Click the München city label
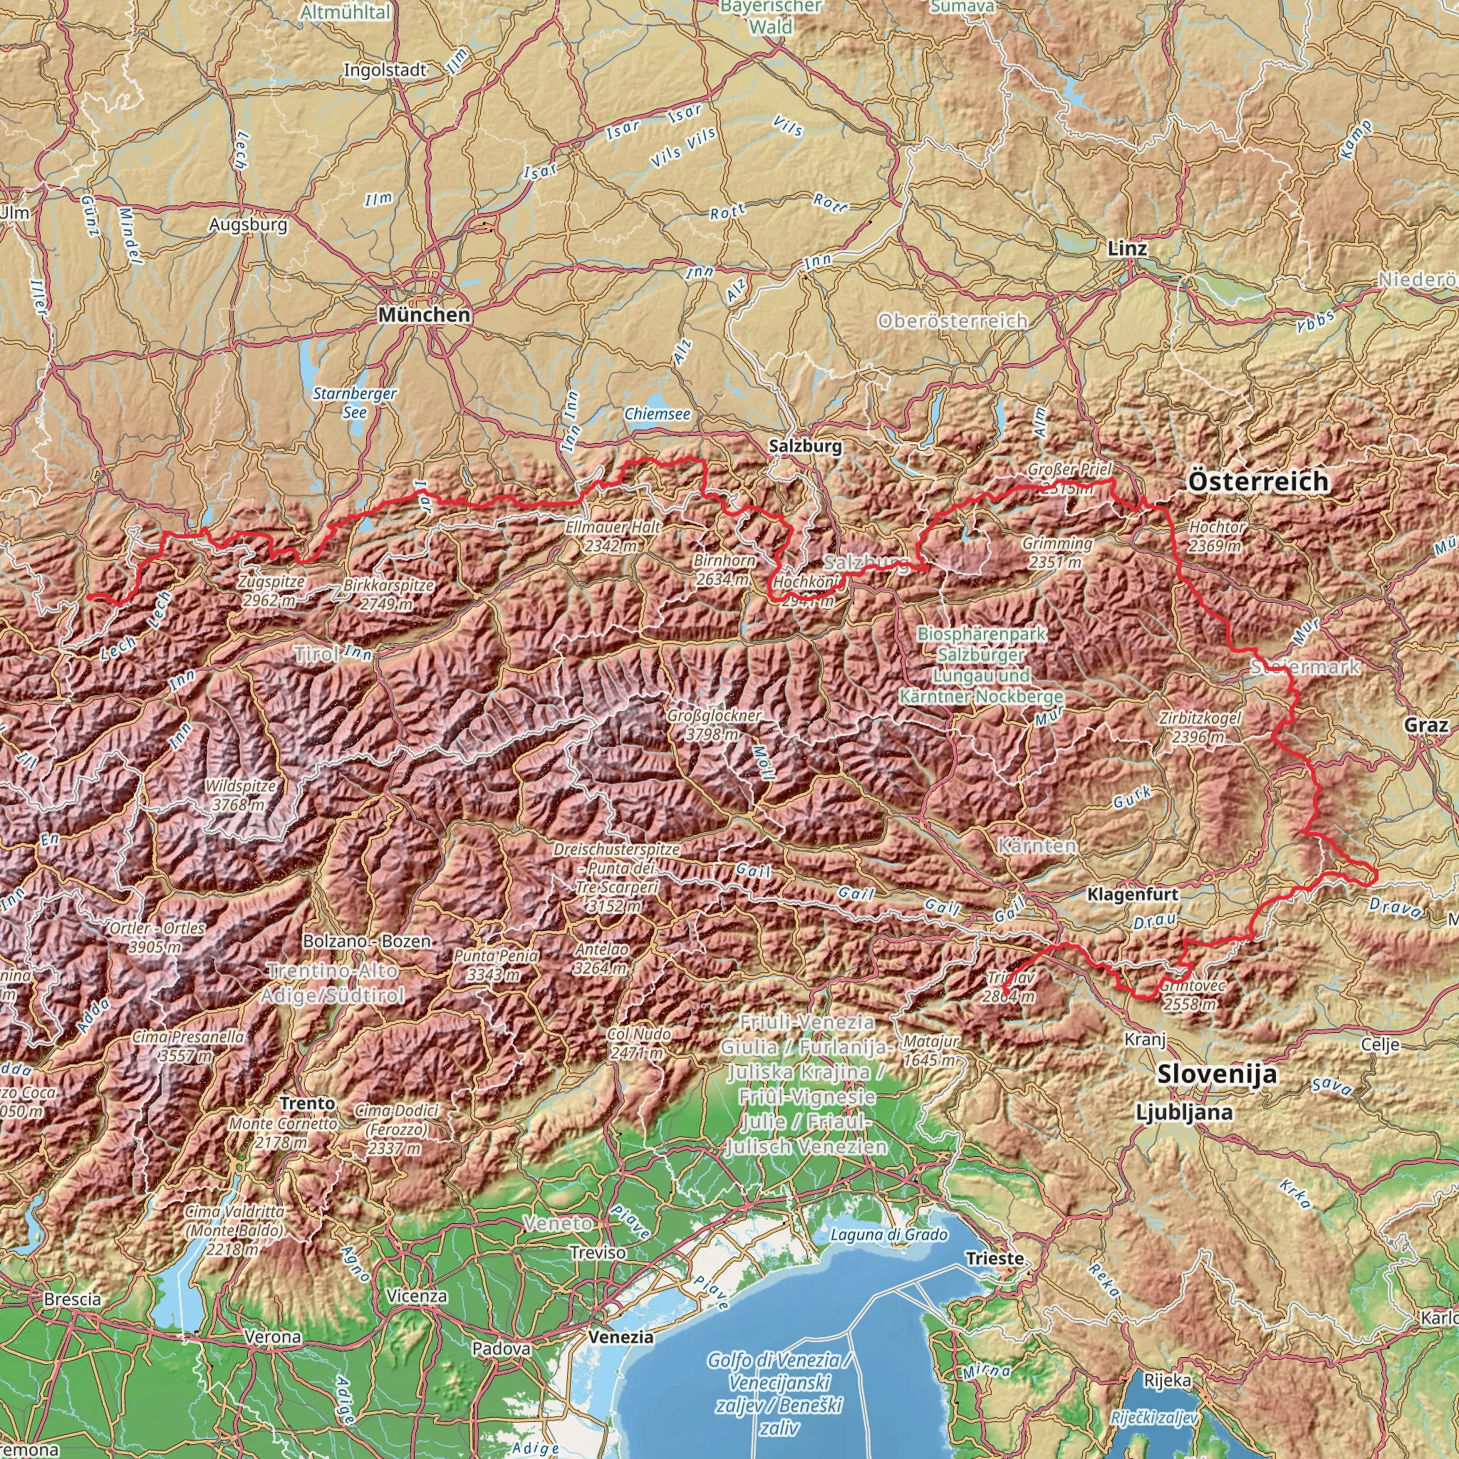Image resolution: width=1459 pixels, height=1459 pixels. (424, 315)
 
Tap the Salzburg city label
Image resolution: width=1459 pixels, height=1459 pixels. (805, 446)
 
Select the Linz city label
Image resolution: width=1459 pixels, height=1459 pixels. (1127, 249)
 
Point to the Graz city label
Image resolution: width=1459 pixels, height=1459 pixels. (1426, 726)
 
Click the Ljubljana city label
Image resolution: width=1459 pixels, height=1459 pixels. (1184, 1112)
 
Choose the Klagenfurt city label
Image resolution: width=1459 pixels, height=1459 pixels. (1132, 895)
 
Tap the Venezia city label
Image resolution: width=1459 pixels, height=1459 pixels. (621, 1337)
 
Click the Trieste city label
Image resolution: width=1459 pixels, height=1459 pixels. (995, 1259)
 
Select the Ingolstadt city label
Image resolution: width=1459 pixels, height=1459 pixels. (385, 71)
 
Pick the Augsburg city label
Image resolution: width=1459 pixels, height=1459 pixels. (249, 224)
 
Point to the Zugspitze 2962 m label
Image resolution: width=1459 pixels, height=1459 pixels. (270, 591)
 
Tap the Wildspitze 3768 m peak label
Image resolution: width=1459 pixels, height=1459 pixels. (240, 796)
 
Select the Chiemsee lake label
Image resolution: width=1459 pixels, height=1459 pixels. (657, 415)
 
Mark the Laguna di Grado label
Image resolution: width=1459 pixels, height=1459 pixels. (889, 1235)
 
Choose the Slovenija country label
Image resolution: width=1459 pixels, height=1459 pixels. (1217, 1074)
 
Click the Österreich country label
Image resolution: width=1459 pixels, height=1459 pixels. (1258, 481)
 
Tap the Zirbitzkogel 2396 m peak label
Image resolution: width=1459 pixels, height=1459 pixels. (1199, 727)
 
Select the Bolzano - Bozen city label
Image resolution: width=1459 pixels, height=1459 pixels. (366, 942)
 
